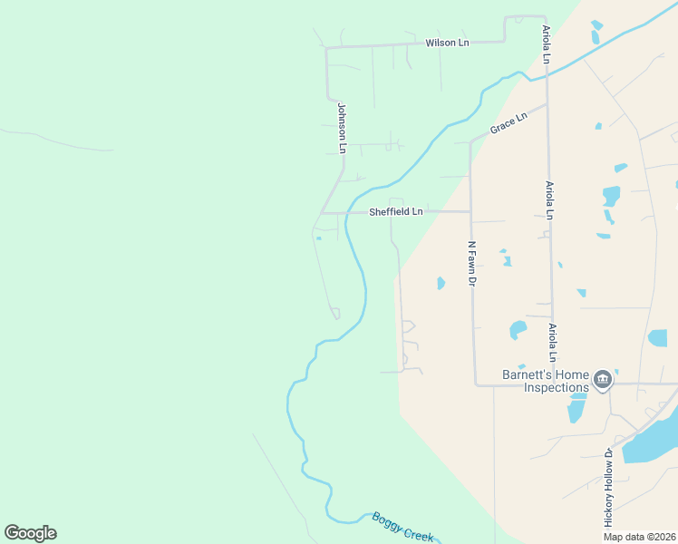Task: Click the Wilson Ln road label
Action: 447,43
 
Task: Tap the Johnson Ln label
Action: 342,127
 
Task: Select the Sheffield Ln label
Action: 396,212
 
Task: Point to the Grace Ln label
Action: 508,123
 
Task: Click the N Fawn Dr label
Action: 471,264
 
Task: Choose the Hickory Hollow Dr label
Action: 609,487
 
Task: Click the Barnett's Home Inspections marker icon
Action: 602,378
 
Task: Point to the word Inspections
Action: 557,388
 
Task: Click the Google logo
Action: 30,533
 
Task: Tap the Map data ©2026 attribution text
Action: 639,537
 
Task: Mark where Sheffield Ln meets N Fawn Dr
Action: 470,212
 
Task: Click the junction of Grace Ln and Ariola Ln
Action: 547,105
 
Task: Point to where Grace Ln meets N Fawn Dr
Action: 470,142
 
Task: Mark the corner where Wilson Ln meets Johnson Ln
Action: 327,46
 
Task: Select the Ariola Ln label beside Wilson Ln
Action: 547,44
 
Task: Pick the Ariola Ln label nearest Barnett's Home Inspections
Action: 551,341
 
